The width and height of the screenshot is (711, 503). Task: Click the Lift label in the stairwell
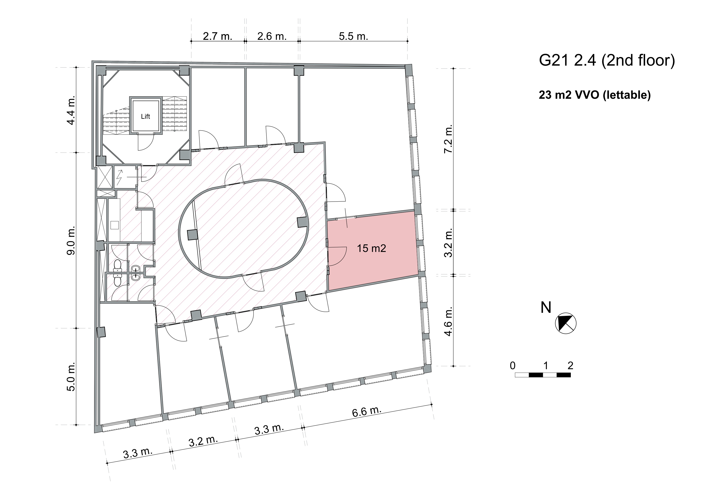[x=145, y=117]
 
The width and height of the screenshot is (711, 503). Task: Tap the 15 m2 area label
[x=371, y=248]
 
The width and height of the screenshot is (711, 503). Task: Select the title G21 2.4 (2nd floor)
[x=607, y=60]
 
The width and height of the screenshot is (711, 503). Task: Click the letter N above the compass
[x=546, y=308]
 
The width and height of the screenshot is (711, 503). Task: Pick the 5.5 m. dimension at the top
[x=353, y=36]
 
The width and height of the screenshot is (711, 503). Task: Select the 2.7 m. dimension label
[x=217, y=36]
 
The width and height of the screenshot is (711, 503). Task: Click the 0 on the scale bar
[x=513, y=366]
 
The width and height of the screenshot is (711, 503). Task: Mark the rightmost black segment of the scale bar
[x=564, y=375]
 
